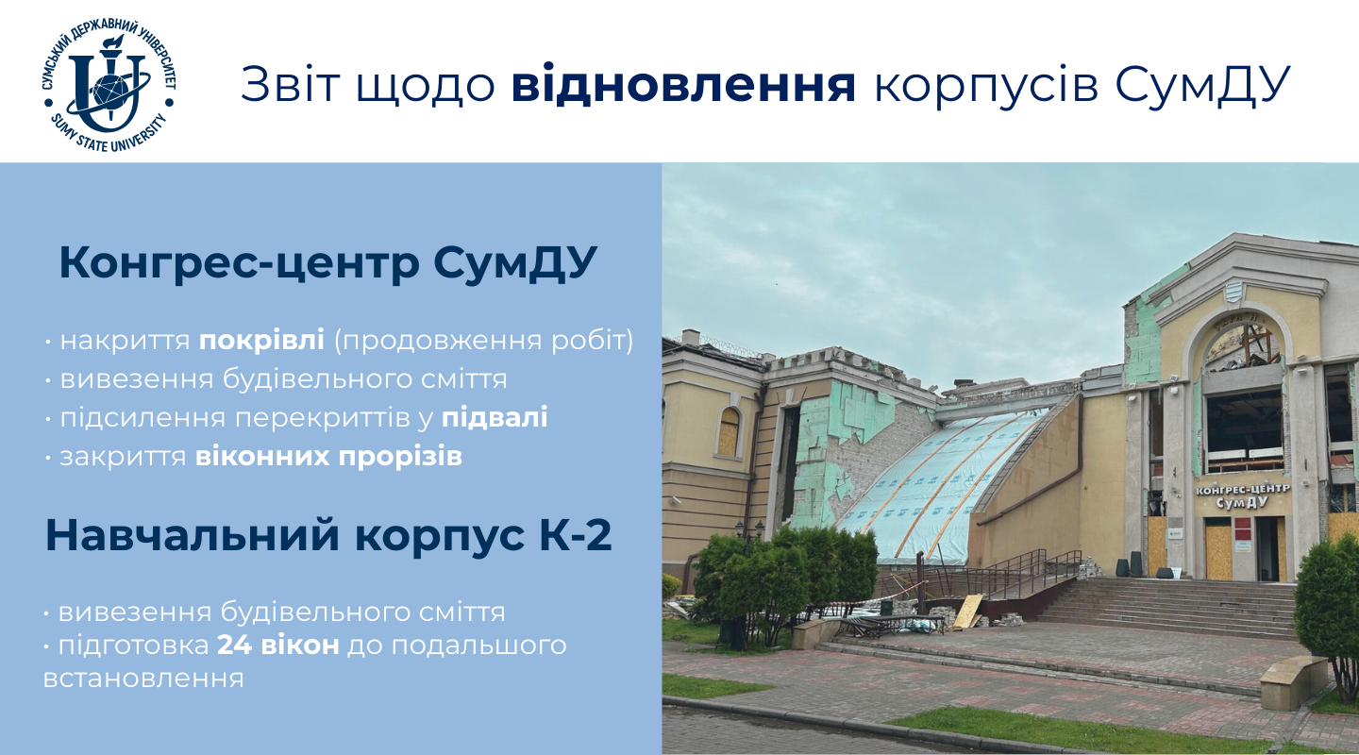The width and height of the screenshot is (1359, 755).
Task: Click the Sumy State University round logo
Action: tap(109, 84)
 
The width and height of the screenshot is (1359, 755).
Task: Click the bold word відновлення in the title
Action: tap(683, 84)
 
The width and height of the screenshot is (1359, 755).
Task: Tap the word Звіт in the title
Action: tap(290, 84)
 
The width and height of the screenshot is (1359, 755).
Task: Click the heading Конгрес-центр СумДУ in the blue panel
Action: tap(328, 262)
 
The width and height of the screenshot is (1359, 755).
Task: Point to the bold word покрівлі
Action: tap(262, 341)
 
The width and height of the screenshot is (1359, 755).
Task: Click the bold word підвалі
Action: tap(495, 417)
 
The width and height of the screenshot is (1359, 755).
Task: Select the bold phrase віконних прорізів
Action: tap(328, 457)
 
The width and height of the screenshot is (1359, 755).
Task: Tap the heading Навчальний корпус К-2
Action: tap(328, 535)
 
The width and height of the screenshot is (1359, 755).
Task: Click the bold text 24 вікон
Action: tap(278, 646)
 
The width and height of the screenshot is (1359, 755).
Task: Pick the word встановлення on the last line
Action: tap(143, 678)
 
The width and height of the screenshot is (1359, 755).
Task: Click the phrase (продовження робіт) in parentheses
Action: tap(484, 341)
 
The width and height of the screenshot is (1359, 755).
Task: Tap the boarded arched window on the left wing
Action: tap(729, 431)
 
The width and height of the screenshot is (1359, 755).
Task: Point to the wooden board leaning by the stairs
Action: tap(967, 612)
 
